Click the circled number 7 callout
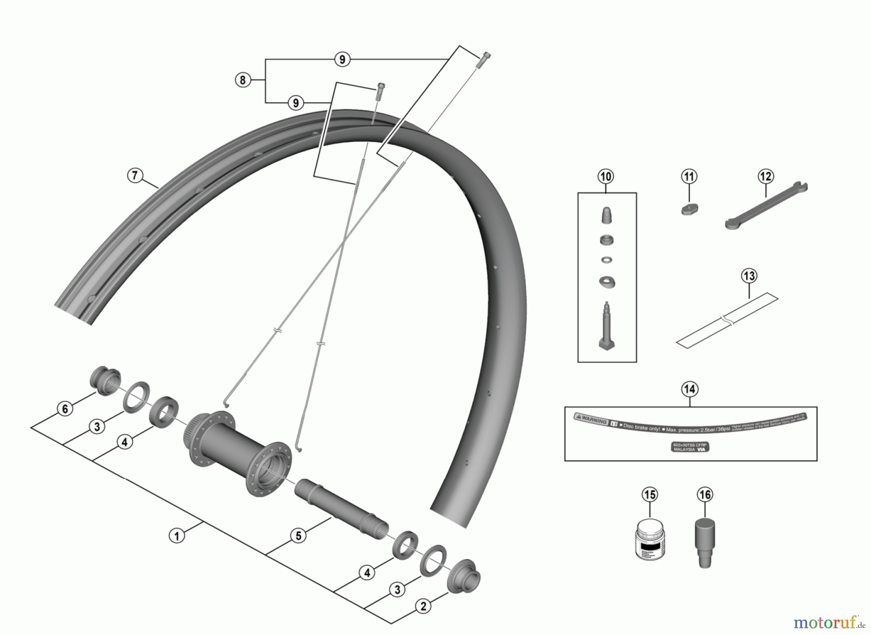pyautogui.click(x=135, y=175)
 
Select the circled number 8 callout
pyautogui.click(x=243, y=80)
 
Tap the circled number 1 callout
pyautogui.click(x=177, y=536)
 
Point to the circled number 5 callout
pyautogui.click(x=299, y=536)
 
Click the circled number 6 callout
pyautogui.click(x=65, y=408)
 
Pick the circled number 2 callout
pyautogui.click(x=423, y=606)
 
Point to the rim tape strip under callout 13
pyautogui.click(x=727, y=320)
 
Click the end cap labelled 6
pyautogui.click(x=105, y=378)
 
